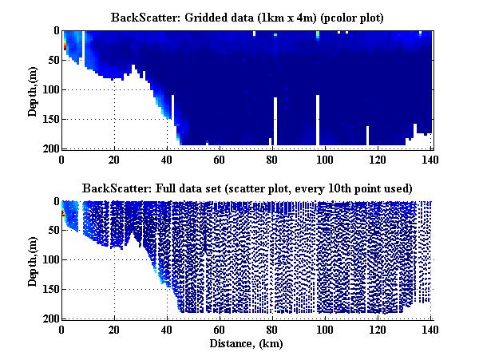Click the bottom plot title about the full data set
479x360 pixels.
tap(247, 189)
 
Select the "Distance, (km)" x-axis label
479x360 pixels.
tap(247, 343)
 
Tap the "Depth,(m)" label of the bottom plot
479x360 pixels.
tap(33, 260)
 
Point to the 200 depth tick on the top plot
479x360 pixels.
tap(49, 148)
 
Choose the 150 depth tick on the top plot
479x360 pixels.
tap(49, 120)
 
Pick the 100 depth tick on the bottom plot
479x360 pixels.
tap(49, 259)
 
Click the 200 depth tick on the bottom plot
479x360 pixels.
tap(49, 318)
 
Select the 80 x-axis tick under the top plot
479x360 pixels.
tap(272, 158)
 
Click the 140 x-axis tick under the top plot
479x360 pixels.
tap(430, 158)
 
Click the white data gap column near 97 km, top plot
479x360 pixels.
tap(318, 120)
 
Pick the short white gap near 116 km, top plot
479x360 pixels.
tap(367, 136)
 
